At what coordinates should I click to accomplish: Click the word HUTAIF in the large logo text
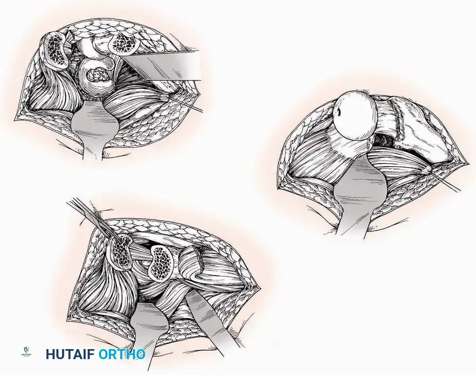[x=70, y=354]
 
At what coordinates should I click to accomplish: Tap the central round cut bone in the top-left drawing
[x=96, y=77]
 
